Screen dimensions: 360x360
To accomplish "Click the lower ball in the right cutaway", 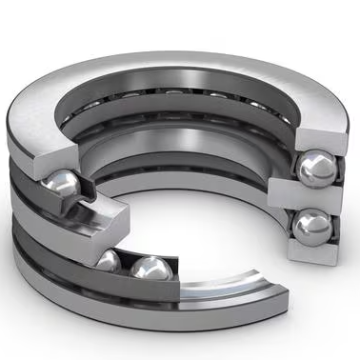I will coord(312,229).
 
